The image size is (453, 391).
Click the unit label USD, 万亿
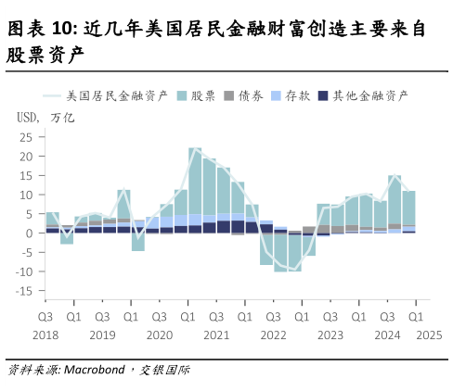pyautogui.click(x=45, y=118)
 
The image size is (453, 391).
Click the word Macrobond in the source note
pyautogui.click(x=95, y=370)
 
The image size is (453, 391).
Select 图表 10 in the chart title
pyautogui.click(x=40, y=32)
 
